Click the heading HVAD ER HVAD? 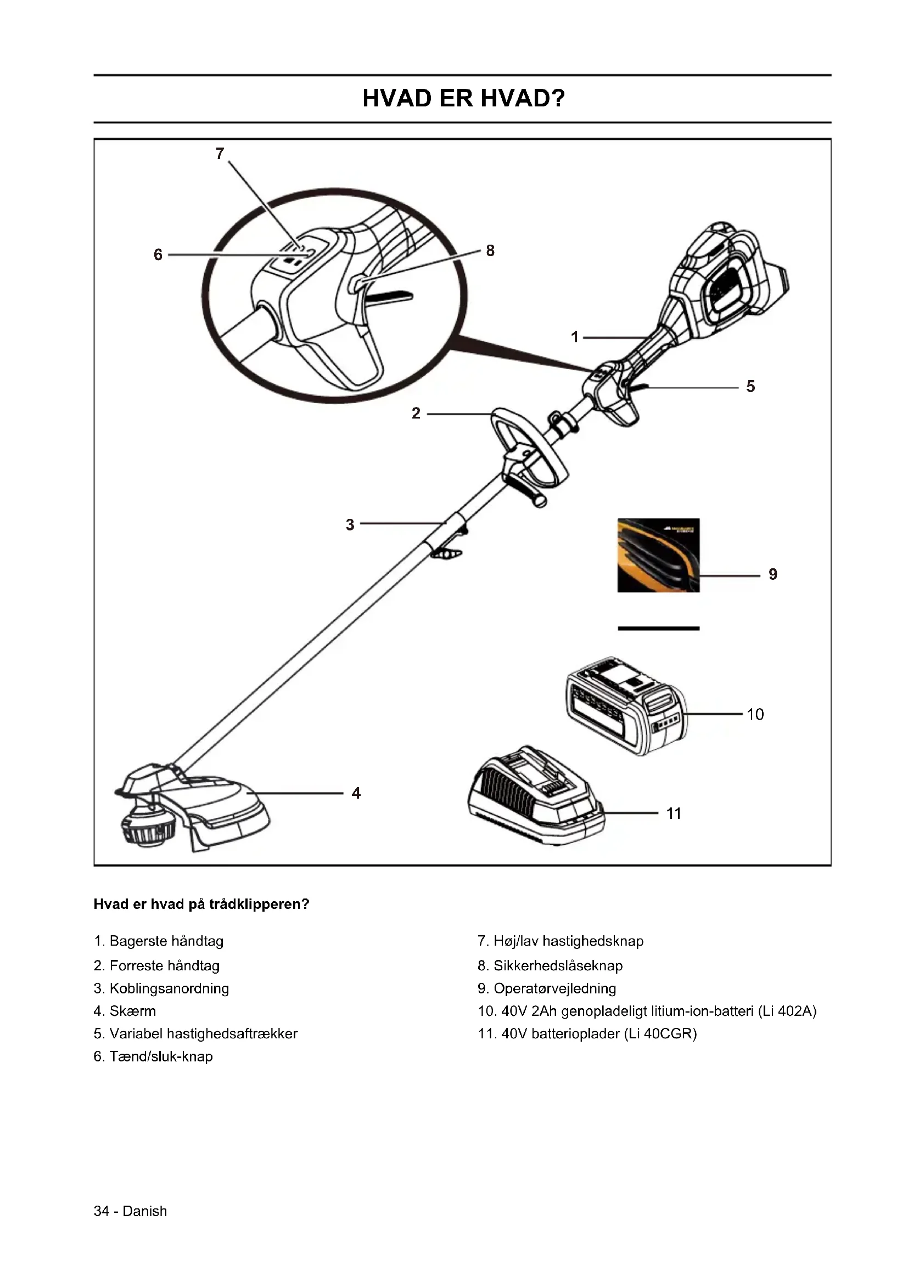[x=463, y=98]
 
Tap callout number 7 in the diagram [x=220, y=153]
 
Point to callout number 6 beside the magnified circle [x=158, y=255]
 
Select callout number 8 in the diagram [x=490, y=251]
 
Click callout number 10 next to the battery [x=755, y=714]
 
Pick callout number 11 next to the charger [x=674, y=813]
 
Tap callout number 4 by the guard [x=356, y=793]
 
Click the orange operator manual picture [x=658, y=555]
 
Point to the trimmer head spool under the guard [x=147, y=827]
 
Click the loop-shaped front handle [x=530, y=447]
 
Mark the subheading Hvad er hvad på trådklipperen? [x=201, y=904]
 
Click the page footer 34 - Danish [x=130, y=1212]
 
